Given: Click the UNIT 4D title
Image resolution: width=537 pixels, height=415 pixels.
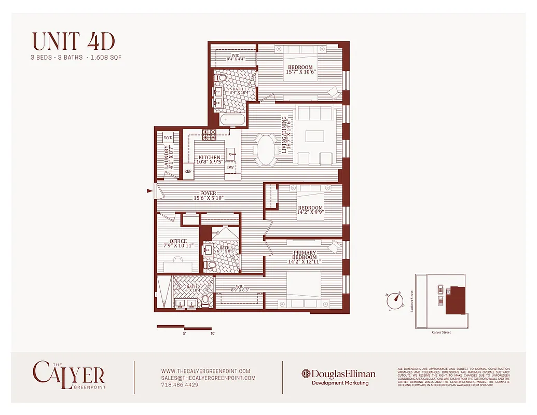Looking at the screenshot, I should click(73, 41).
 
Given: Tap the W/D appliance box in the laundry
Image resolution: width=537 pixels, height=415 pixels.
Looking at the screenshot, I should click(168, 137).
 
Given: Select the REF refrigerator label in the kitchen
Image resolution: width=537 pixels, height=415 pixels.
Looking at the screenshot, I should click(187, 171).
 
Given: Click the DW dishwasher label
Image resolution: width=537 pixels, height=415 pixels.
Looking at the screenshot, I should click(230, 167).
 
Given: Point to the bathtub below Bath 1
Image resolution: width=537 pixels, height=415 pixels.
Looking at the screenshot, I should click(232, 120).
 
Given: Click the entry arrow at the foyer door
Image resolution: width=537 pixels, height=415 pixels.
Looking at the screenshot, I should click(150, 191).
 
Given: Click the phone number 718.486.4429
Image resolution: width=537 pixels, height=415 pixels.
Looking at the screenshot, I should click(180, 385).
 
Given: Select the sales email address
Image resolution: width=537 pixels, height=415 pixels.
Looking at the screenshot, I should click(208, 378).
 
